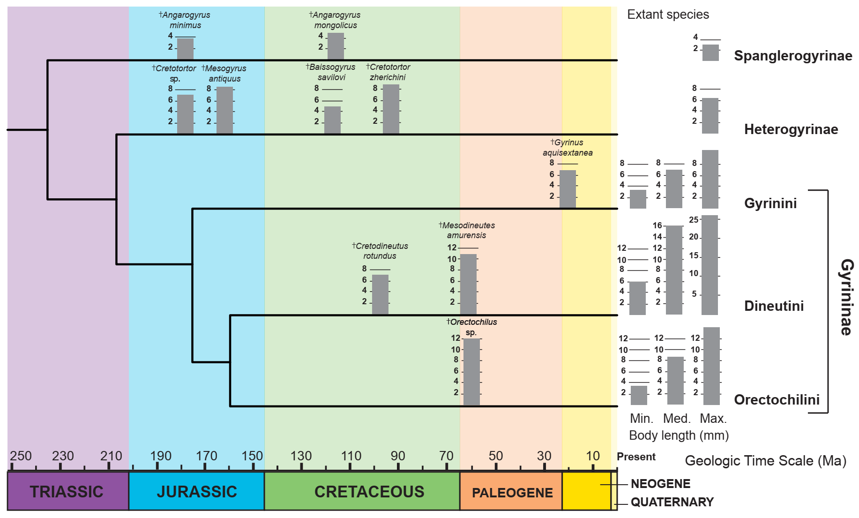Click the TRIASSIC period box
67,491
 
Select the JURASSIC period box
196,491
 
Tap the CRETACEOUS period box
369,491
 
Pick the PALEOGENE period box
512,492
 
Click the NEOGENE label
660,484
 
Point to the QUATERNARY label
672,502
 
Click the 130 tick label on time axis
301,456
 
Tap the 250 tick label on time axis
21,456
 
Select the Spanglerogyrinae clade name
793,56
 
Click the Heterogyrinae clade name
791,129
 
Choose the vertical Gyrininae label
846,297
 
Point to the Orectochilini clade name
777,400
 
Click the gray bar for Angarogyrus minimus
185,49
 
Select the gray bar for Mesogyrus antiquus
224,110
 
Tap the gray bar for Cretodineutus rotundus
380,294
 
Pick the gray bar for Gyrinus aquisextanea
568,189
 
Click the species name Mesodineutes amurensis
467,230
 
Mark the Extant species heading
668,15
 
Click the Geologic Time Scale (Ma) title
765,461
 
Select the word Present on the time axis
636,457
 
